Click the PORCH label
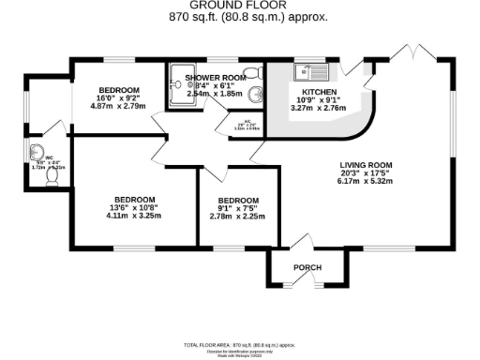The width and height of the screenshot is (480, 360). click(307, 268)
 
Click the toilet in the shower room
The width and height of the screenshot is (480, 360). click(251, 73)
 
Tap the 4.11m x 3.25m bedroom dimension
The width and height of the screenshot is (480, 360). click(133, 216)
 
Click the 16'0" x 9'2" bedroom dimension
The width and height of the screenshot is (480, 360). click(119, 97)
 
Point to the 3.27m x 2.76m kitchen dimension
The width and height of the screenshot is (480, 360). click(320, 109)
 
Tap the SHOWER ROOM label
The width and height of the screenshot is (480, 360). click(216, 77)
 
